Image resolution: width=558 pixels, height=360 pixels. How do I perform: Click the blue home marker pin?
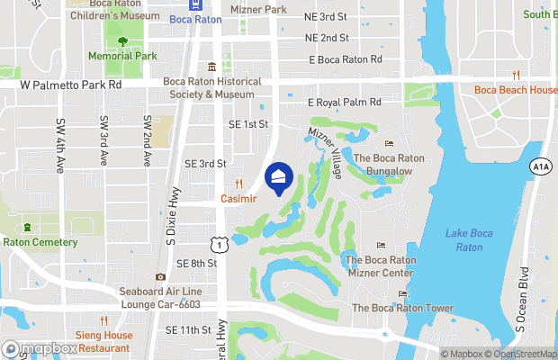point(279,177)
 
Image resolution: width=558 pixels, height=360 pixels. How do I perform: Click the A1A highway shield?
point(540,166)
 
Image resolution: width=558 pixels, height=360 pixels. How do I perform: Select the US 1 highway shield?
point(219,243)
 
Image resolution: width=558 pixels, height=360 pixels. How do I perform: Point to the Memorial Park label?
point(122,56)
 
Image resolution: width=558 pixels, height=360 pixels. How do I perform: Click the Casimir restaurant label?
point(239,198)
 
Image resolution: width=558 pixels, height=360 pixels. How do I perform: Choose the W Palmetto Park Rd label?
point(70,85)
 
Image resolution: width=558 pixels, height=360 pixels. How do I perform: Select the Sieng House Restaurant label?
point(103,342)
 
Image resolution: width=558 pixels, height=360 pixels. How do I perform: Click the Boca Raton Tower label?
point(401,308)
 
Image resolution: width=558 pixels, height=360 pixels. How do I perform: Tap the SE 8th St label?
point(197,263)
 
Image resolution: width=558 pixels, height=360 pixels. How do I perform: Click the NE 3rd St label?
point(327,17)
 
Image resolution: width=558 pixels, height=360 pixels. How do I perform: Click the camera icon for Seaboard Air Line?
point(160,277)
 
